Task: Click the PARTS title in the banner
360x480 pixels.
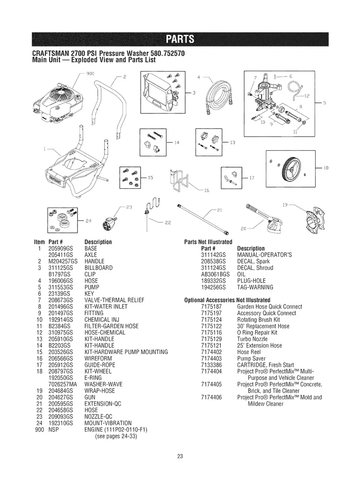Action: (x=180, y=39)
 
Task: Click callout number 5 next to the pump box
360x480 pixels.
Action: (x=324, y=102)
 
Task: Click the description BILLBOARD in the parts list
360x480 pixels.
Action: (x=99, y=268)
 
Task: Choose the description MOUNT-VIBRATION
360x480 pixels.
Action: (x=108, y=423)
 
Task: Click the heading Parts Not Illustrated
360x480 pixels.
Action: (x=208, y=242)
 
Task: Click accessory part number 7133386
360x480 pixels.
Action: (x=211, y=365)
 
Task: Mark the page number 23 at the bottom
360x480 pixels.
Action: (x=180, y=457)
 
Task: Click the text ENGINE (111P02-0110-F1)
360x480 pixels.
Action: (x=113, y=430)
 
